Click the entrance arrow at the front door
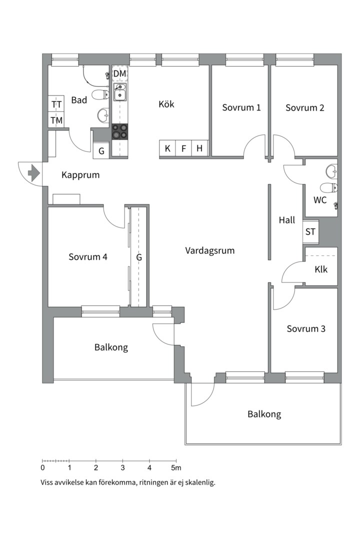pos(34,172)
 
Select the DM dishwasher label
pos(120,73)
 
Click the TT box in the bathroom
pos(56,103)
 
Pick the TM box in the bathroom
pos(56,120)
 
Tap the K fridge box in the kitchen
pos(167,148)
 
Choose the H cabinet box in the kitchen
pos(200,148)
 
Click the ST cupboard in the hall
pos(310,231)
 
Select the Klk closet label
pos(321,269)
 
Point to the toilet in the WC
pos(328,188)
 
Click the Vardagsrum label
pos(210,250)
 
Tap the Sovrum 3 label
pos(306,328)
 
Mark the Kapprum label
pos(80,175)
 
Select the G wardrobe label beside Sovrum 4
pos(139,257)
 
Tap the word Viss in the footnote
pos(46,482)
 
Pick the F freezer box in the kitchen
pos(183,148)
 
